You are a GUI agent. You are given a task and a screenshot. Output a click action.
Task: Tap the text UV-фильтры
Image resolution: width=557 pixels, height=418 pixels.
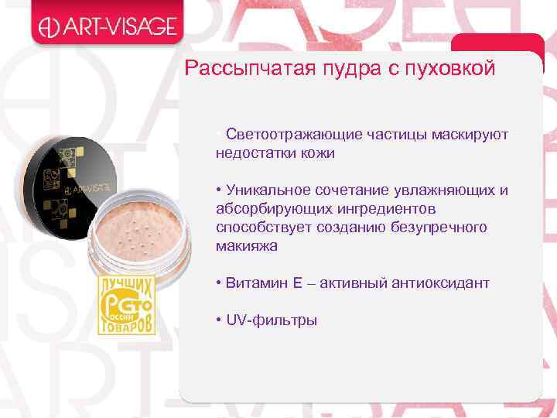click(272, 320)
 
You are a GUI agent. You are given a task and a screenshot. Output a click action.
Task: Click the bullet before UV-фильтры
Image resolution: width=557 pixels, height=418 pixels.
click(220, 320)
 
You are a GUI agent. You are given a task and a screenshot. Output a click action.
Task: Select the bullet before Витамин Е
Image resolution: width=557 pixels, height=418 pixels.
click(220, 283)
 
